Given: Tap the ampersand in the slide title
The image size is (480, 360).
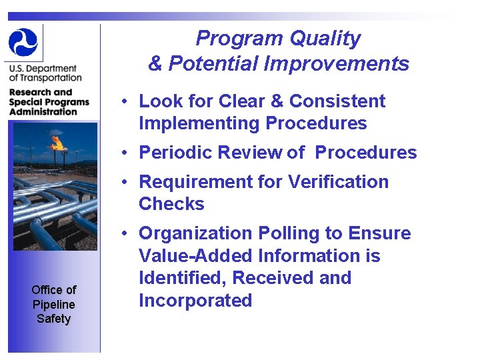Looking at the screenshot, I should [155, 64].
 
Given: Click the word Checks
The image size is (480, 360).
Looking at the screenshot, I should [171, 204].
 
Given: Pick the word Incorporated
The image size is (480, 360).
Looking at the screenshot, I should [195, 301].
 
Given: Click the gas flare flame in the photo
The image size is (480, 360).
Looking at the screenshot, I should [58, 141].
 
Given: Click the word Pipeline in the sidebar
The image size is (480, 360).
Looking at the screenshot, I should [53, 304].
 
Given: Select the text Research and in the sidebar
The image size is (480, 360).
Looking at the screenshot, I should [40, 93].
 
